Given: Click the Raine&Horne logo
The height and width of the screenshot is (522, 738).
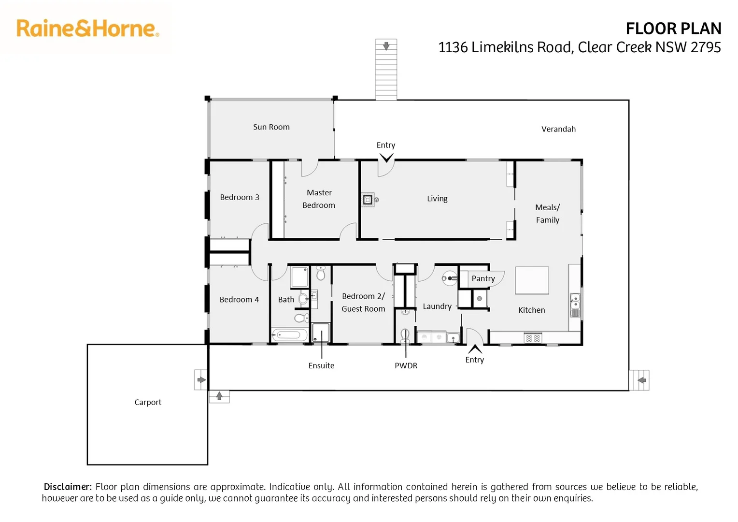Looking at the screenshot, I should point(87,29).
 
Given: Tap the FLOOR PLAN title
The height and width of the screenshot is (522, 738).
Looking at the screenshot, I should point(673,29).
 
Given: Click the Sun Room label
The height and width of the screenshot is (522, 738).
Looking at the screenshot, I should point(271,127).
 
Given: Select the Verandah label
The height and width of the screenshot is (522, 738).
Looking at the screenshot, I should point(558,129).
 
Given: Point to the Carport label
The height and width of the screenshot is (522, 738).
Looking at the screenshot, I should point(148,402).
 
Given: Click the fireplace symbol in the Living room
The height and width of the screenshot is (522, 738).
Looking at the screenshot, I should point(368,199).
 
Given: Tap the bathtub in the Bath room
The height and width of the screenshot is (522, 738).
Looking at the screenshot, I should point(290,335).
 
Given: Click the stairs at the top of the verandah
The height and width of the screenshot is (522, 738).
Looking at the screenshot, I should point(386,70).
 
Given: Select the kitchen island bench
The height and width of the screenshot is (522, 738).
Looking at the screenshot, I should point(532,280).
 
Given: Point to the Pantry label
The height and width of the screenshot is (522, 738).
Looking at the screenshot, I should point(483,278).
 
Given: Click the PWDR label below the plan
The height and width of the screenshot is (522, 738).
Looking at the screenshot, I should point(406,366).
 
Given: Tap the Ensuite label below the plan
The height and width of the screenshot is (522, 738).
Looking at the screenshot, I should point(321,366).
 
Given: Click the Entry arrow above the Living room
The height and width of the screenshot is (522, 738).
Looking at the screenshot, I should point(386,158).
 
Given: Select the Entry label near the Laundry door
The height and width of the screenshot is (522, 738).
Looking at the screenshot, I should point(474,360).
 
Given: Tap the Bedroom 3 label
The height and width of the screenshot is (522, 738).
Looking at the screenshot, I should point(240,197).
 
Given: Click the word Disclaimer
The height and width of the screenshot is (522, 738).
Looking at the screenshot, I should point(68,487).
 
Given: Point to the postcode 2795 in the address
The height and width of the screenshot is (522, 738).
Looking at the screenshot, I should point(706,47).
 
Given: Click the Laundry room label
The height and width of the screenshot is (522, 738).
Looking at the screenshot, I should point(437,306).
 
